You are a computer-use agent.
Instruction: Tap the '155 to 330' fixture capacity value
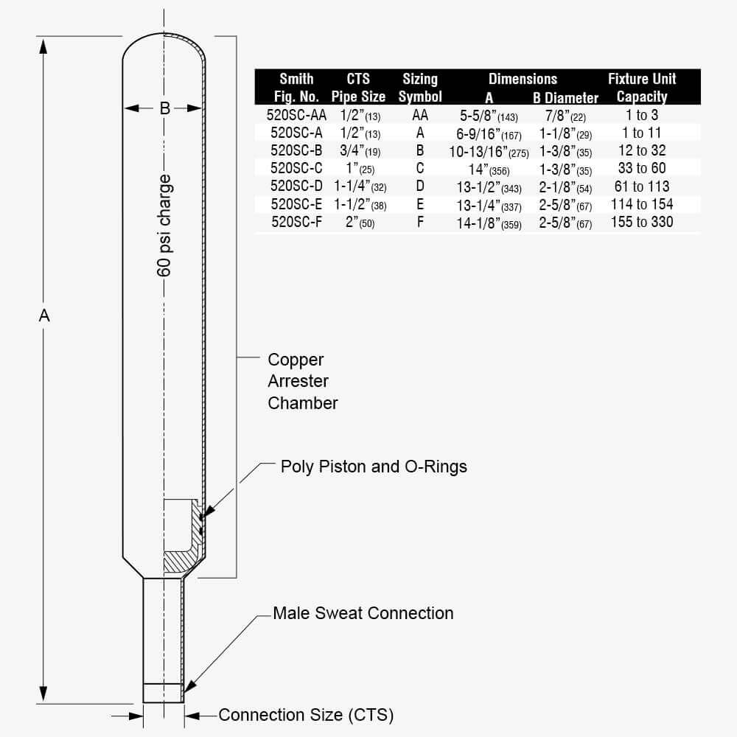point(642,221)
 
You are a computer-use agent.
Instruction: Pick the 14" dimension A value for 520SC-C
point(488,169)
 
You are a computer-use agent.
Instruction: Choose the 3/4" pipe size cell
point(358,151)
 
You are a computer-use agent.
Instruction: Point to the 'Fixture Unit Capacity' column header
point(641,88)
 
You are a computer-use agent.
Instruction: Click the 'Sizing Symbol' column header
point(420,88)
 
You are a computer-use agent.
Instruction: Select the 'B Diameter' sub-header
point(566,97)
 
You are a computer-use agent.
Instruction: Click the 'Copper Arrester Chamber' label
point(302,381)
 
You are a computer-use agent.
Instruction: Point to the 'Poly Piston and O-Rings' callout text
point(374,467)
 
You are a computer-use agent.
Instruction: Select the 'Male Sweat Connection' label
point(363,613)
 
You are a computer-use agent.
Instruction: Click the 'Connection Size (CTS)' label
point(306,715)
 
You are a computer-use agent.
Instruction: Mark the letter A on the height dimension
point(44,315)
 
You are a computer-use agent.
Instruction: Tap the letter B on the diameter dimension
point(165,108)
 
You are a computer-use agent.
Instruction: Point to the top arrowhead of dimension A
point(44,44)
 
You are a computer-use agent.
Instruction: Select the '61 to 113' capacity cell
point(642,186)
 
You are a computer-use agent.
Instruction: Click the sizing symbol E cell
point(420,204)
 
